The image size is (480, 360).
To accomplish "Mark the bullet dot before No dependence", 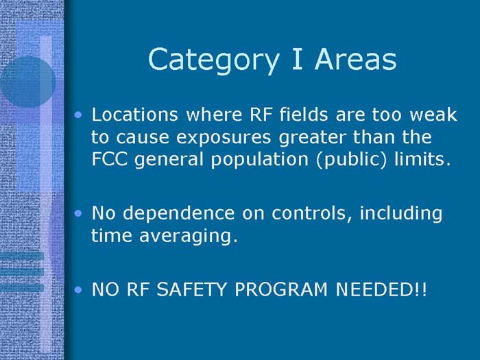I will click(82, 214).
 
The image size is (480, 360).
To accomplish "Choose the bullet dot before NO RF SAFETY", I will click(82, 289).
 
